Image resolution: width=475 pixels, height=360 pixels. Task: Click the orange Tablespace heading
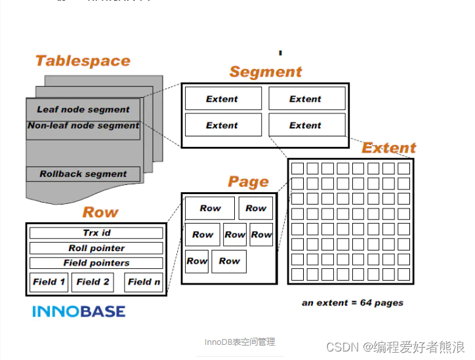pyautogui.click(x=83, y=61)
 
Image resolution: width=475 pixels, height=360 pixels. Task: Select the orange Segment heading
pyautogui.click(x=266, y=72)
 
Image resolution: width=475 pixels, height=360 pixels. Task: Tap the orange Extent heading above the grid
pyautogui.click(x=388, y=148)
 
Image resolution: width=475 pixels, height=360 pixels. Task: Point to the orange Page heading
pyautogui.click(x=248, y=182)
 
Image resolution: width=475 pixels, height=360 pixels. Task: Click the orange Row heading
pyautogui.click(x=100, y=212)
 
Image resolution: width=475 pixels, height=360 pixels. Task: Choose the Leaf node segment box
pyautogui.click(x=83, y=110)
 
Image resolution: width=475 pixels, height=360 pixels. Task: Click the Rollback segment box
pyautogui.click(x=83, y=174)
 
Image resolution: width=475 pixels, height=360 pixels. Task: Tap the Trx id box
pyautogui.click(x=96, y=233)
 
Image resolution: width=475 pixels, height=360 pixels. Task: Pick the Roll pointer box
pyautogui.click(x=96, y=248)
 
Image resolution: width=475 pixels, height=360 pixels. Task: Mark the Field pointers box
pyautogui.click(x=96, y=263)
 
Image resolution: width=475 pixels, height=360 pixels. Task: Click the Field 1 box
pyautogui.click(x=49, y=282)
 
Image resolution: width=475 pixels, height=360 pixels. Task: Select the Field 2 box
pyautogui.click(x=93, y=282)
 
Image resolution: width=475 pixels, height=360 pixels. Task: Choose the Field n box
pyautogui.click(x=144, y=282)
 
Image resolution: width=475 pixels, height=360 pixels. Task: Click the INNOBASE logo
pyautogui.click(x=79, y=311)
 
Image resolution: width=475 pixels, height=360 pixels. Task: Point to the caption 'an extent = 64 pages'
pyautogui.click(x=352, y=303)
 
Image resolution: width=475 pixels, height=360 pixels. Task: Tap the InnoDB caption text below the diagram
pyautogui.click(x=239, y=342)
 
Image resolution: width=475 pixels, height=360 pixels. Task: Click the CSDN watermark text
pyautogui.click(x=395, y=346)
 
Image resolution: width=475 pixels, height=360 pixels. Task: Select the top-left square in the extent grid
pyautogui.click(x=297, y=169)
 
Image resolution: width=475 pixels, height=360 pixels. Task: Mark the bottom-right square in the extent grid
pyautogui.click(x=403, y=274)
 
